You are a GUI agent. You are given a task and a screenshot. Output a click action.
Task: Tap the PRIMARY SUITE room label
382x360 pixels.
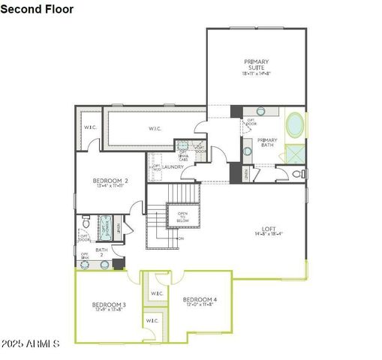(x=256, y=64)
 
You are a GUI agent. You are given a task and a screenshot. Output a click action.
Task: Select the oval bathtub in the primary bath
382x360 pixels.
(x=295, y=124)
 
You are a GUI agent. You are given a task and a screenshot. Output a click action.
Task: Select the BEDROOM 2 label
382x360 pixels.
(x=110, y=181)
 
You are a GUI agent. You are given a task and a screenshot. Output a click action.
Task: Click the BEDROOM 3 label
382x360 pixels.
(x=109, y=304)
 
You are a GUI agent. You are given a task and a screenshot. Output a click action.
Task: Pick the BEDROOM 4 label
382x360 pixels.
(x=200, y=299)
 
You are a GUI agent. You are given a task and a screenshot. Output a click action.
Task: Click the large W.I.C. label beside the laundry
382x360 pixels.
(x=155, y=128)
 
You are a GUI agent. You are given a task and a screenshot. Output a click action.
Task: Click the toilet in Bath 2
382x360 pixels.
(x=87, y=223)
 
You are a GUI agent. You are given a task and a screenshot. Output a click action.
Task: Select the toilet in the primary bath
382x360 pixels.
(x=298, y=173)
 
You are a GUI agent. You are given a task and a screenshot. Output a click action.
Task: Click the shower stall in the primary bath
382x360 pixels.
(x=294, y=154)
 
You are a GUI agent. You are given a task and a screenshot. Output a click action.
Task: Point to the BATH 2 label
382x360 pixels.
(x=101, y=252)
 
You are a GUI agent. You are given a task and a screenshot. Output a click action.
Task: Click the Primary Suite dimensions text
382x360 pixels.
(x=256, y=73)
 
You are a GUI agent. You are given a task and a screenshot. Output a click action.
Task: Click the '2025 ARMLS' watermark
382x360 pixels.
(x=30, y=343)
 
